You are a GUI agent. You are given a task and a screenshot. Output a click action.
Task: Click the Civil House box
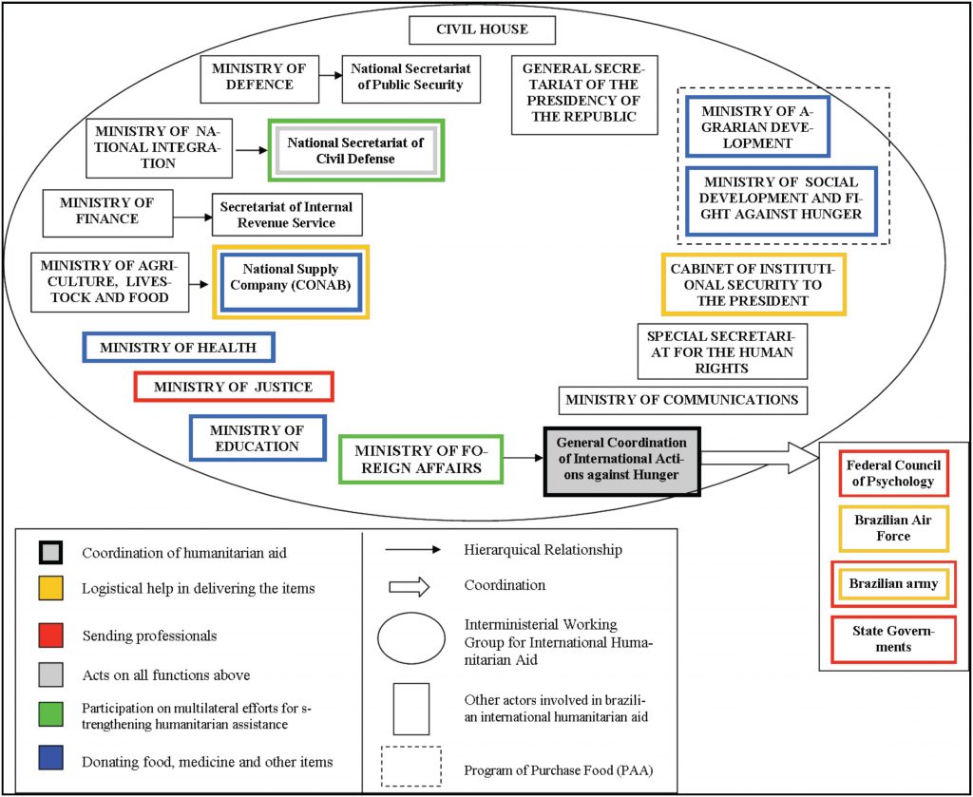click(482, 29)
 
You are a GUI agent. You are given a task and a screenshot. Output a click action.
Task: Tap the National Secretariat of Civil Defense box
click(355, 150)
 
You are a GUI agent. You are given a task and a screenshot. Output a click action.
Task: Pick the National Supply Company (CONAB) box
click(290, 282)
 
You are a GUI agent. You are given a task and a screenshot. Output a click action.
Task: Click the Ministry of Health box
click(179, 348)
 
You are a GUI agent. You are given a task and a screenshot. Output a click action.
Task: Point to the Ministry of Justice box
click(235, 387)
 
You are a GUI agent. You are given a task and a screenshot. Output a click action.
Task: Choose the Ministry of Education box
click(257, 438)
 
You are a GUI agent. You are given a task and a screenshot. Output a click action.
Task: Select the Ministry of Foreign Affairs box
click(419, 459)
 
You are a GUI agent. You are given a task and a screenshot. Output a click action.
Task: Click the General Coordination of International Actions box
click(621, 460)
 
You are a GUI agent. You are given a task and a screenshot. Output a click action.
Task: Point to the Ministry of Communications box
click(681, 400)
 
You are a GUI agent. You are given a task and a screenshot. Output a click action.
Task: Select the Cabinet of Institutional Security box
click(753, 283)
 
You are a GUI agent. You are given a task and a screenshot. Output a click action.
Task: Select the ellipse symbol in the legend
click(410, 637)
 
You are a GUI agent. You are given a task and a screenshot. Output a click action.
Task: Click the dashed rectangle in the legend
click(410, 767)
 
